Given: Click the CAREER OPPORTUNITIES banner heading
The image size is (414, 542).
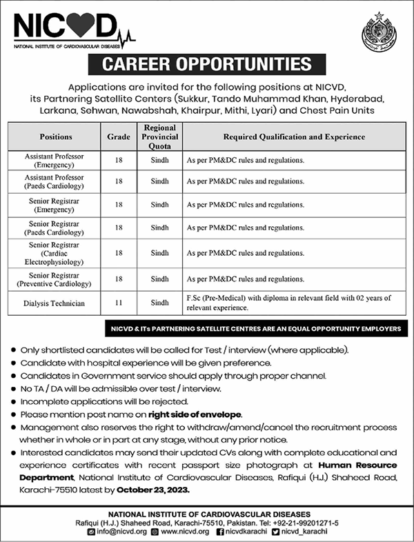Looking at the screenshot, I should point(206,66).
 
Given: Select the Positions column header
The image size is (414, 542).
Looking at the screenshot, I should point(56,137).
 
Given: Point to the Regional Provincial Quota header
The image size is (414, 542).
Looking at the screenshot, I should point(159,137).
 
